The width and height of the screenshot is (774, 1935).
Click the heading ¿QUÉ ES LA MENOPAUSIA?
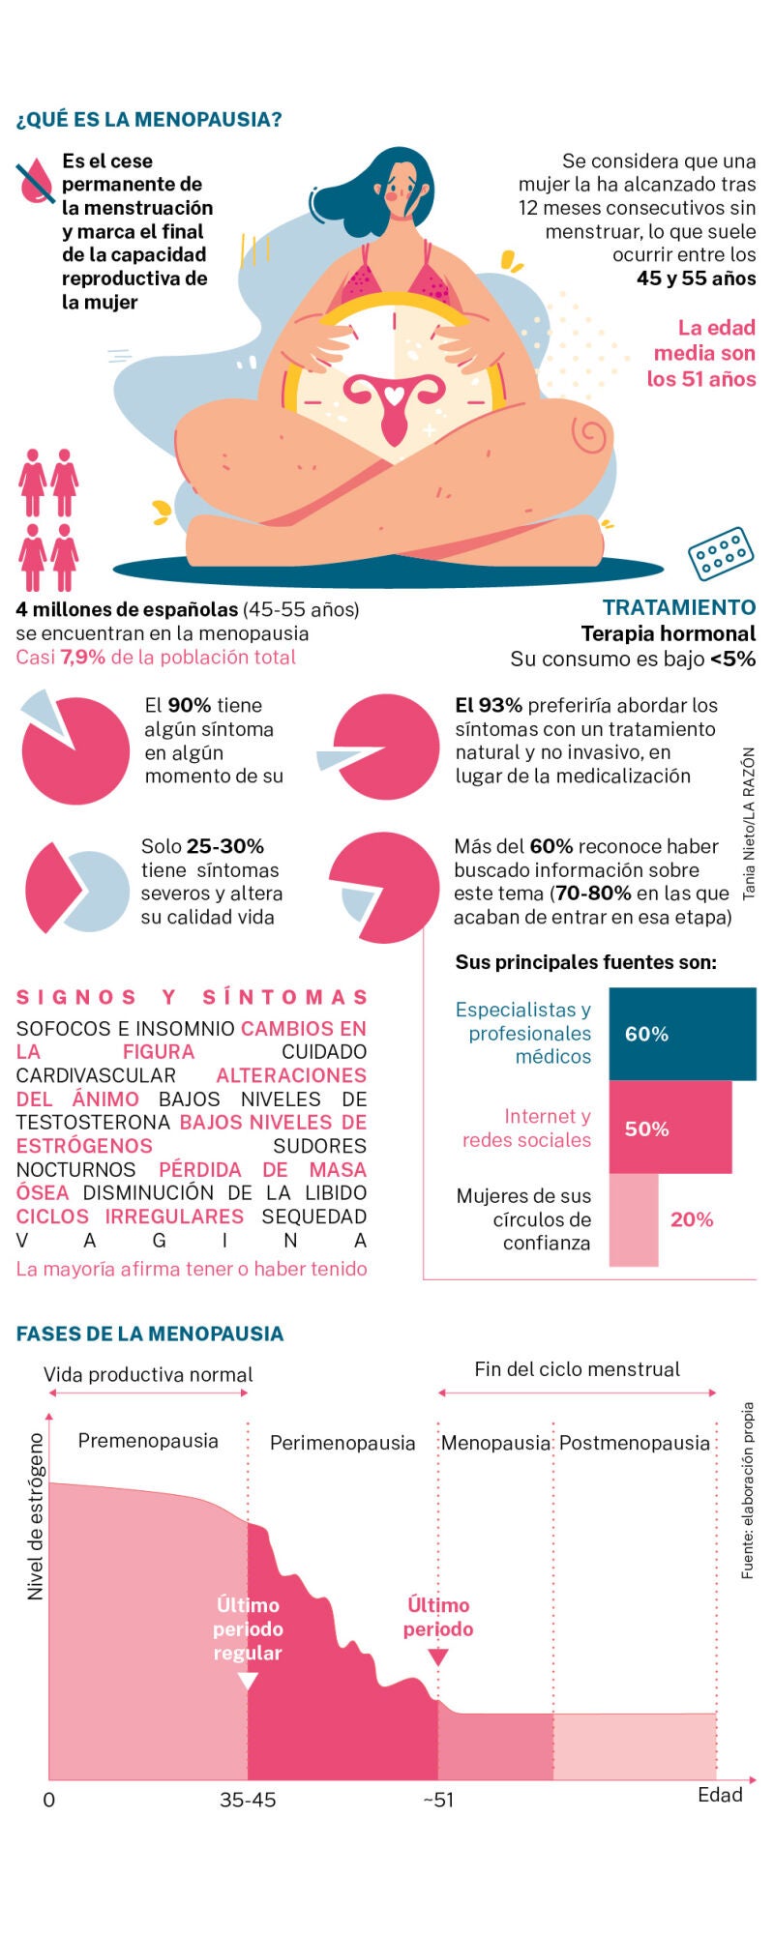point(149,120)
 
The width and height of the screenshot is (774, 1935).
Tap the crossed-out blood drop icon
point(36,182)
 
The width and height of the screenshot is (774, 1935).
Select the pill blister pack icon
point(720,554)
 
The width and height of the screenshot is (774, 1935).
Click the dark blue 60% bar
point(681,1034)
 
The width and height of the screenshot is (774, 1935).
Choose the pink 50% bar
point(670,1128)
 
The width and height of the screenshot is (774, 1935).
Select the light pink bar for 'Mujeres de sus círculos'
point(633,1219)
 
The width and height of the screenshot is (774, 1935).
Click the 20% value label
point(692,1220)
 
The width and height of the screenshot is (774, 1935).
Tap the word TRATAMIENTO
point(678,607)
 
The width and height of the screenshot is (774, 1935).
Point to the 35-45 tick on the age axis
point(248,1800)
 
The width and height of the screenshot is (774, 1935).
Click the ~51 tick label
point(437,1800)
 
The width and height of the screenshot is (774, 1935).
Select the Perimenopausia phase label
point(342,1443)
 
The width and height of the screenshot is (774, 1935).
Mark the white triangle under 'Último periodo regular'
point(248,1681)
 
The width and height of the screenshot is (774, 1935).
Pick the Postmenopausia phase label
point(635,1443)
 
